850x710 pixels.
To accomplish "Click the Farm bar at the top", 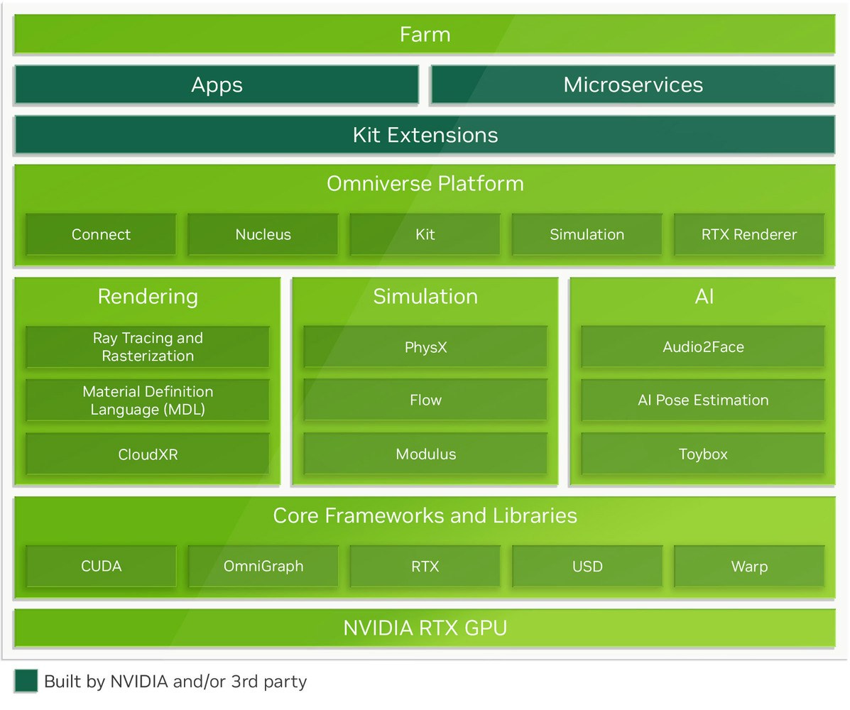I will tap(425, 34).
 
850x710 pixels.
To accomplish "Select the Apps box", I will tap(217, 85).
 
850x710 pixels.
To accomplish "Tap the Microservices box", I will tap(633, 85).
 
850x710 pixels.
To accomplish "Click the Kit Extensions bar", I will tap(425, 135).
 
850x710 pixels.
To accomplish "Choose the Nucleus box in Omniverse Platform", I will tap(263, 234).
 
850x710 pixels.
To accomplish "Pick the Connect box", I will tap(101, 234).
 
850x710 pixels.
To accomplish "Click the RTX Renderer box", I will tap(748, 234).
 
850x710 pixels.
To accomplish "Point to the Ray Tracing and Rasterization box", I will tap(148, 347).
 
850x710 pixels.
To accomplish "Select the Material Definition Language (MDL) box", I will tap(148, 400).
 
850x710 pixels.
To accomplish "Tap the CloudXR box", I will tap(148, 454).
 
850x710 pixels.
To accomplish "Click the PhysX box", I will tap(425, 347).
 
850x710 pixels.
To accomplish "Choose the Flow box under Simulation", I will tap(425, 400).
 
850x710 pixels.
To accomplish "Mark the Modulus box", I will tap(425, 454).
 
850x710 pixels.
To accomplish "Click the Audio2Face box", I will tap(703, 347).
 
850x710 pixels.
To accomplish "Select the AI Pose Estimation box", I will tap(703, 400).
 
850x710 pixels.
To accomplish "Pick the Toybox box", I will tap(703, 454).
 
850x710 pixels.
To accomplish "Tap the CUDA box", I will tap(101, 567).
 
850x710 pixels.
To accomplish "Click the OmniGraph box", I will tap(263, 567).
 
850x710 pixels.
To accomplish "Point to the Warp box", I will tap(748, 567).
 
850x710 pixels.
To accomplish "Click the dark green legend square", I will tap(25, 680).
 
